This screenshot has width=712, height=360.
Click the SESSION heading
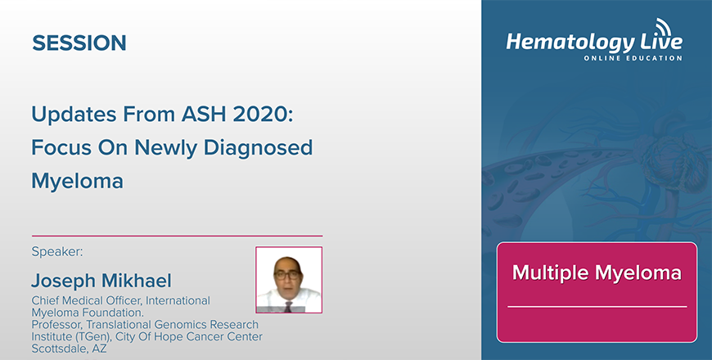(79, 43)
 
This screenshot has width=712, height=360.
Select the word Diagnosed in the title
(258, 148)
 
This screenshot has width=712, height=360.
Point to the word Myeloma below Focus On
(77, 181)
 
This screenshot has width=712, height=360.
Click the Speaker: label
(57, 252)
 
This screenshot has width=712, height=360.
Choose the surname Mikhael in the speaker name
(136, 281)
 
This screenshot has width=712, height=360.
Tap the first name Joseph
(64, 281)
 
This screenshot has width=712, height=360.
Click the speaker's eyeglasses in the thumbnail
(287, 274)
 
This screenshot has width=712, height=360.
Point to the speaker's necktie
(288, 306)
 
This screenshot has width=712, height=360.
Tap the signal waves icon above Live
(663, 26)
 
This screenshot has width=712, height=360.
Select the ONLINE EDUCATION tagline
(633, 58)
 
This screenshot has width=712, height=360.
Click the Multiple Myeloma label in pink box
(597, 272)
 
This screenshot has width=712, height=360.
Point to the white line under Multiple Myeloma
(597, 307)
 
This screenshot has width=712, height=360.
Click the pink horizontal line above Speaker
(177, 236)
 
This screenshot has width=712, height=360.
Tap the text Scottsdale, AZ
(69, 349)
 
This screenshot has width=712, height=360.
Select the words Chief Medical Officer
(86, 301)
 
